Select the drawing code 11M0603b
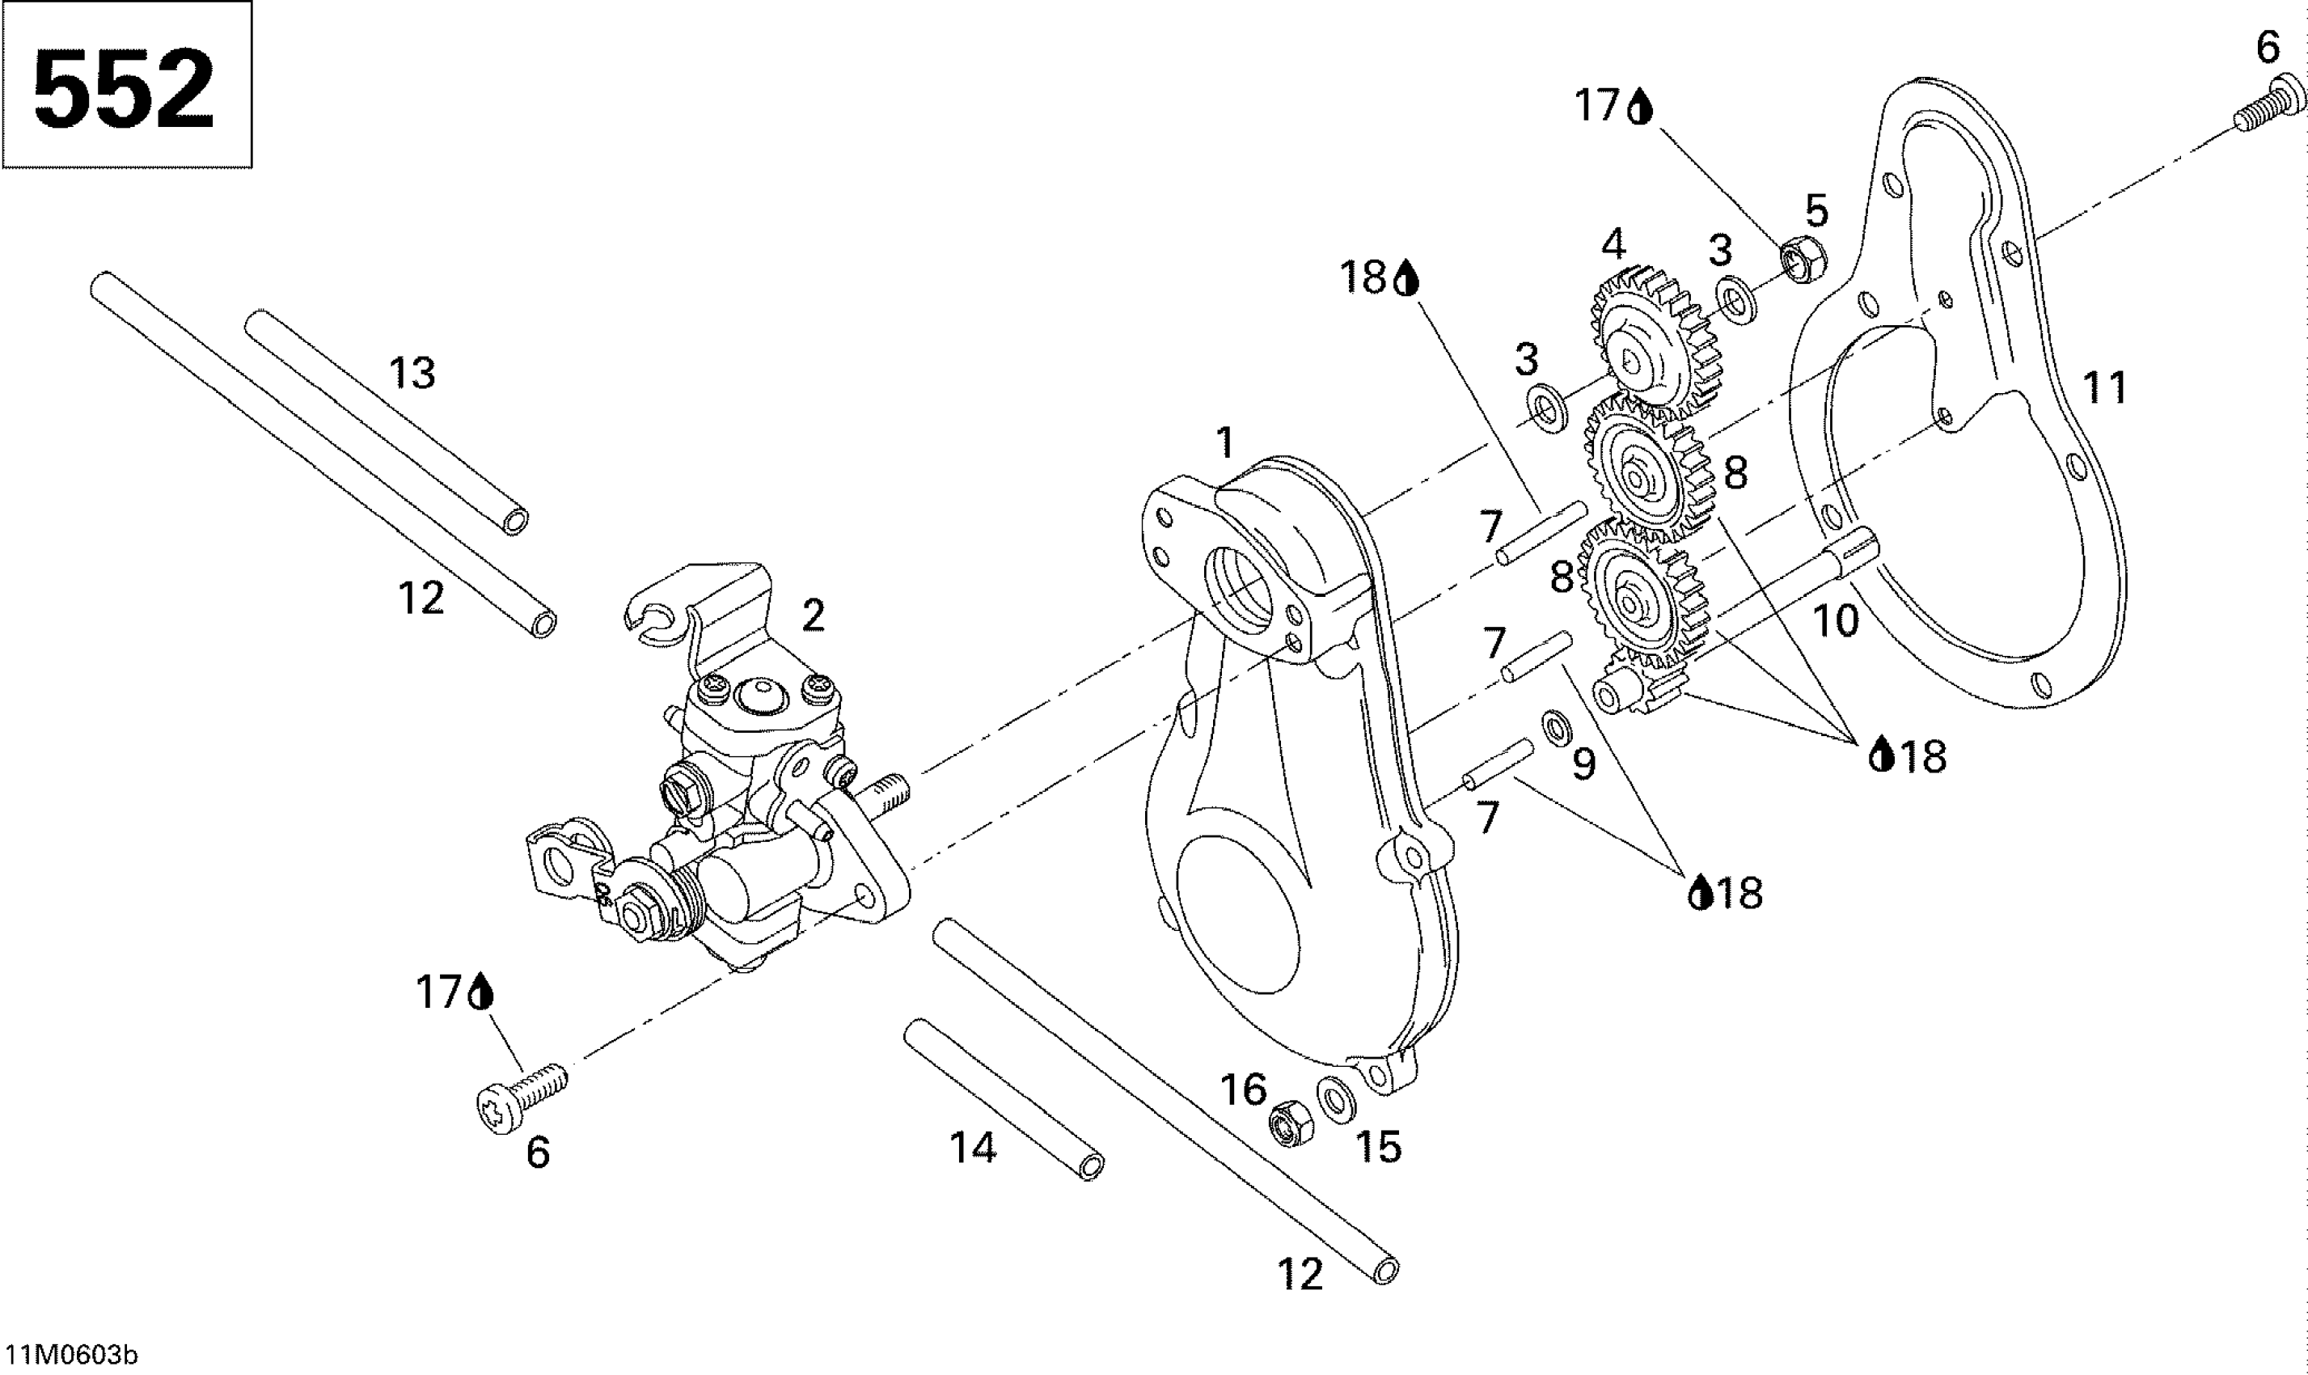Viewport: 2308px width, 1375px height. (70, 1356)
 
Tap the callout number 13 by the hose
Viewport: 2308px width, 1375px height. (412, 374)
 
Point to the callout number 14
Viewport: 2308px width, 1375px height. (974, 1149)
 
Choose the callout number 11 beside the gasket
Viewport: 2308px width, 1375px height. (2104, 388)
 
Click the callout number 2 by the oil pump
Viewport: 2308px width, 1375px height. (814, 616)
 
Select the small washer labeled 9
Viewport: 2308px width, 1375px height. (1555, 728)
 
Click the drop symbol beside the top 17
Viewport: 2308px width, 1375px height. (1641, 108)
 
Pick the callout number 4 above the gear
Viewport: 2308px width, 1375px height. (1613, 244)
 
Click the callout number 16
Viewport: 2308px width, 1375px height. (1243, 1089)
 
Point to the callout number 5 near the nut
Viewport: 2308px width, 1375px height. (1817, 211)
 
